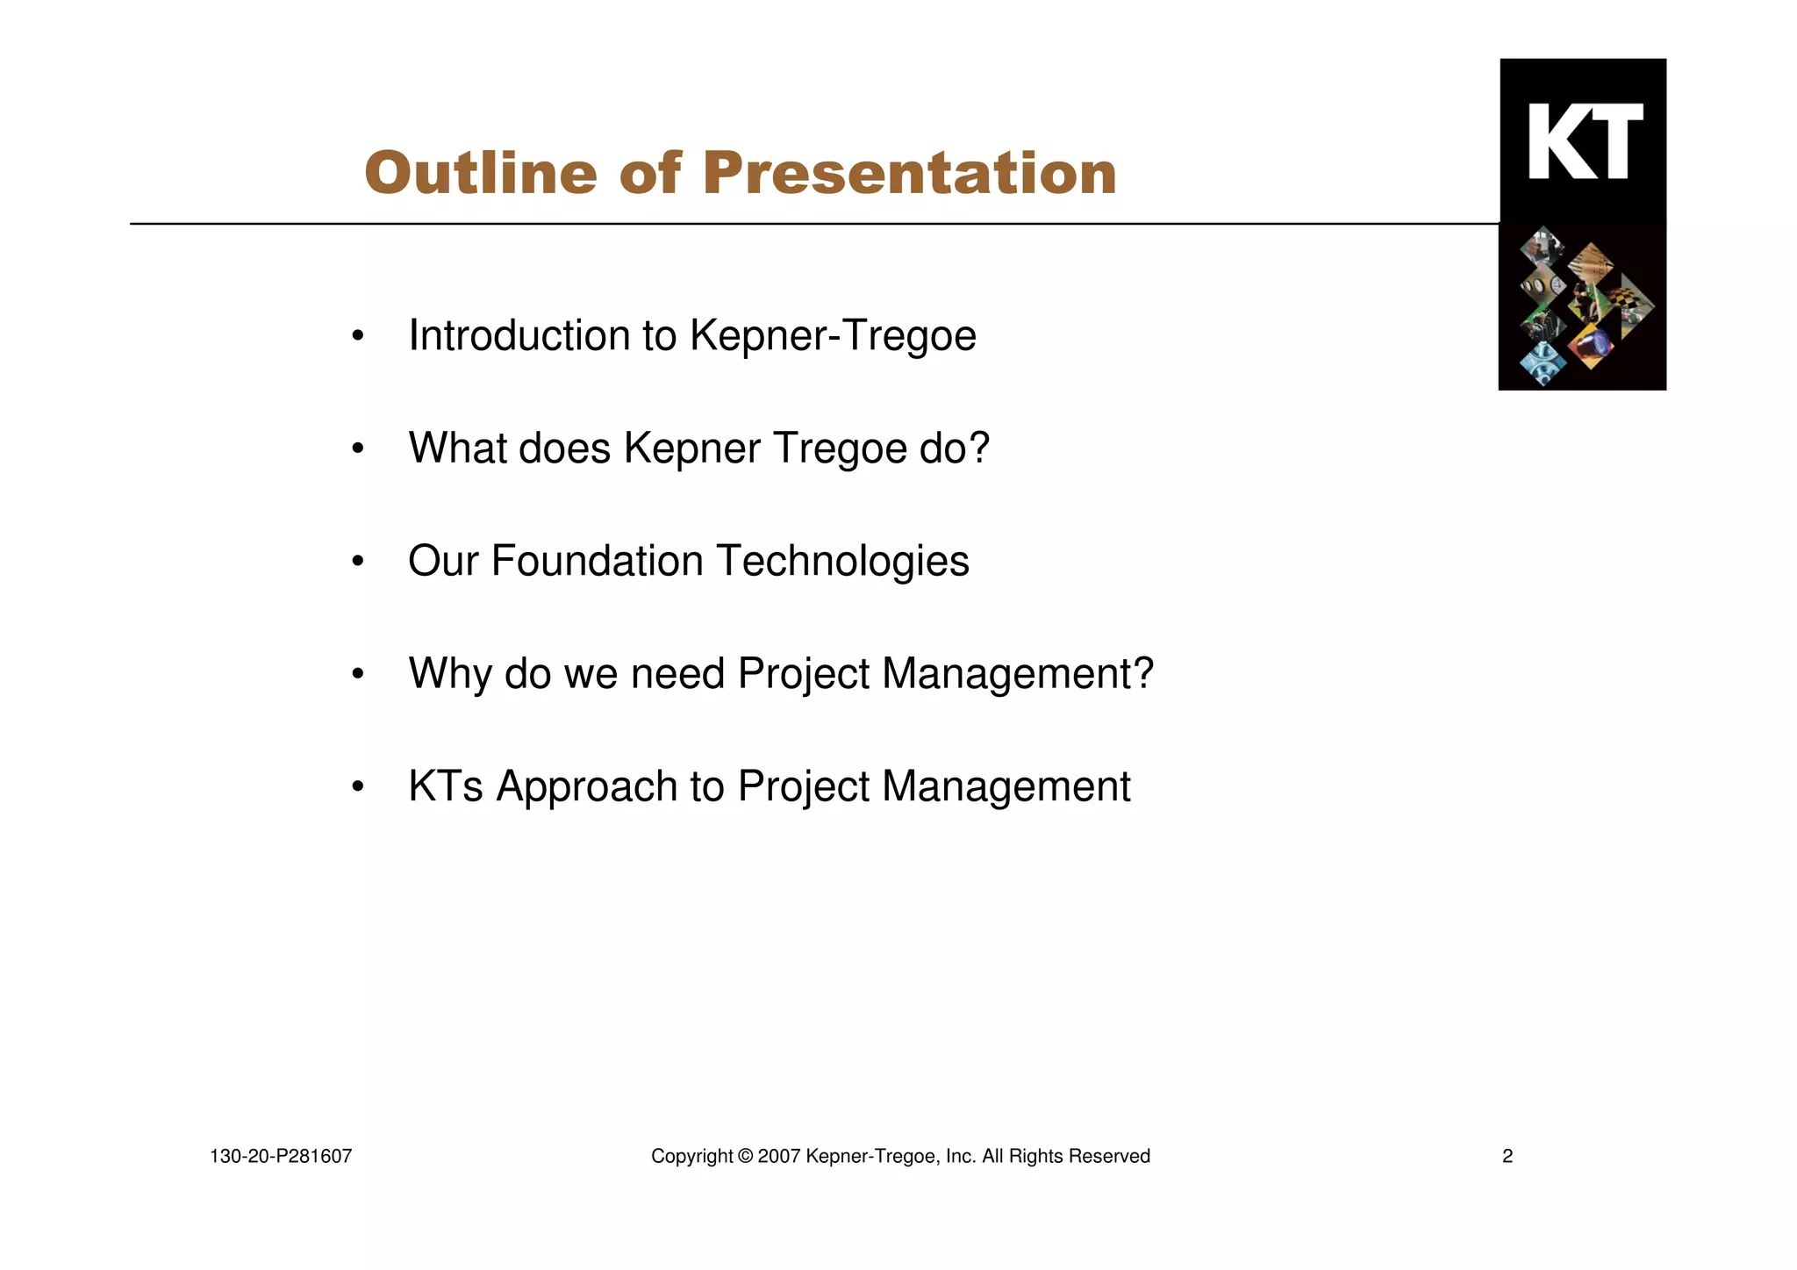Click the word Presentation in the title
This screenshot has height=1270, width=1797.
(x=909, y=173)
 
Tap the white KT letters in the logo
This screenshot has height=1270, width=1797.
(x=1585, y=141)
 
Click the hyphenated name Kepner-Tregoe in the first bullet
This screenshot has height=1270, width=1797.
(x=833, y=335)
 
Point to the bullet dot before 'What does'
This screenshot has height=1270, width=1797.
(x=357, y=448)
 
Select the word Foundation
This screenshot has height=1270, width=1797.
(x=597, y=561)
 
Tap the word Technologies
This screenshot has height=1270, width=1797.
(x=842, y=561)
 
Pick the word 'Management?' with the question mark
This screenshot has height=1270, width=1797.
(x=1018, y=674)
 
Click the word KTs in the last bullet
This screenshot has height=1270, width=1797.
(x=445, y=786)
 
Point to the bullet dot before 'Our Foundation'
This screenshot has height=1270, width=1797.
(x=357, y=562)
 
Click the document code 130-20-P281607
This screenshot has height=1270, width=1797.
(x=281, y=1157)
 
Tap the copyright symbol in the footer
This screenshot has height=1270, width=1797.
(x=745, y=1157)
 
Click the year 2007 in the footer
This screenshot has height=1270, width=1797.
(x=777, y=1157)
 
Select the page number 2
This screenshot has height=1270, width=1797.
(x=1507, y=1157)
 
